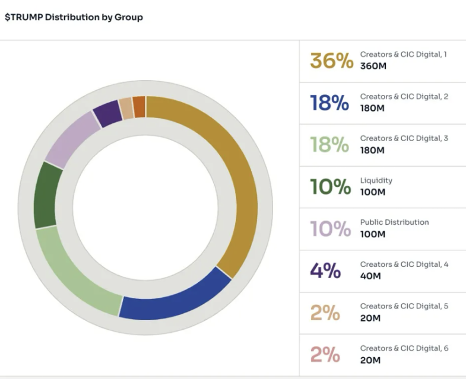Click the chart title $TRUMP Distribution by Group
click(74, 17)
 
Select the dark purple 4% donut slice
click(107, 113)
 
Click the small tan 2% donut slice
click(126, 107)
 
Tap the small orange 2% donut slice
click(139, 106)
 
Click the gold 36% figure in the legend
click(331, 60)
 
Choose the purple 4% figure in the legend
click(325, 270)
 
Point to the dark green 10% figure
click(330, 187)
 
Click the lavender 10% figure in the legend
click(330, 228)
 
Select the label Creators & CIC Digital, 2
click(404, 96)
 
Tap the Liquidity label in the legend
click(376, 180)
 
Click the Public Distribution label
click(394, 222)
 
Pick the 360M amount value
click(373, 66)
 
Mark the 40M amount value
click(371, 276)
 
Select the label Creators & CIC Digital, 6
click(404, 348)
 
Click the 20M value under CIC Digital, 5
click(371, 318)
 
